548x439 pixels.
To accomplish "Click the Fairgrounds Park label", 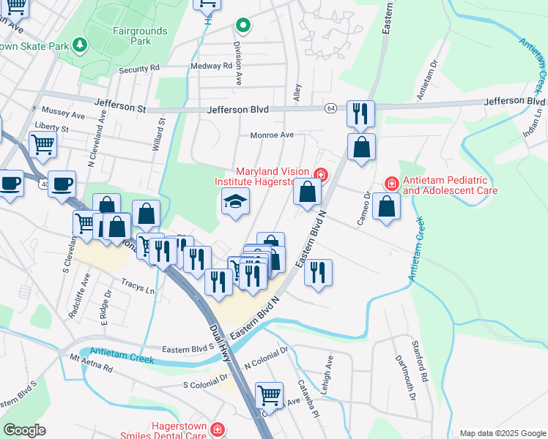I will click(140, 37).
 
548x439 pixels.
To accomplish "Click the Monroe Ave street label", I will click(272, 135).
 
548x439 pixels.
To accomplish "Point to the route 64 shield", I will click(331, 108).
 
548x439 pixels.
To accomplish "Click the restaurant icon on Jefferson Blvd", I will click(360, 113).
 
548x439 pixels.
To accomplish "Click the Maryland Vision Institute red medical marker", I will click(320, 174).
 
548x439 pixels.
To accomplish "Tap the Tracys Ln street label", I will click(139, 288).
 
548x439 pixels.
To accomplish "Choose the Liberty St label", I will click(51, 129).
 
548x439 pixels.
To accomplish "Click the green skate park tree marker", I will click(80, 45).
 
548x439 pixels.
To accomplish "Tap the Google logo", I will click(25, 430).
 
